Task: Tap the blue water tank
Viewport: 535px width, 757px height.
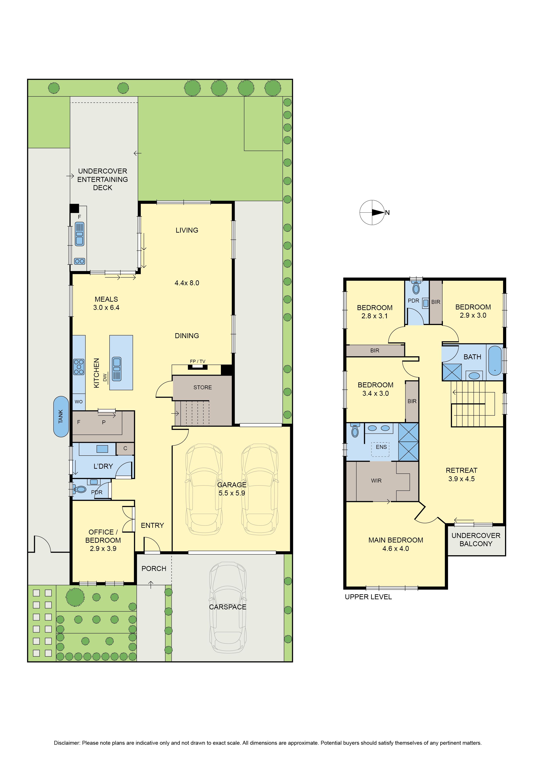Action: click(61, 416)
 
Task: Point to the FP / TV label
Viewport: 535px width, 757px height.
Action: click(197, 361)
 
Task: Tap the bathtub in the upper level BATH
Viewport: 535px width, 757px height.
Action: click(494, 360)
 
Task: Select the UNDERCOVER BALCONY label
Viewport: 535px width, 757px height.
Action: click(476, 540)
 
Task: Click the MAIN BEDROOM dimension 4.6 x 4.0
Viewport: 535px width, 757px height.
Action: click(396, 549)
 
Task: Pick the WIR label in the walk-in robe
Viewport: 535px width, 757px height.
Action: click(376, 481)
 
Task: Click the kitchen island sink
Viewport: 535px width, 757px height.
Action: click(117, 369)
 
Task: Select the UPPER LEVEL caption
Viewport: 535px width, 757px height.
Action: click(368, 597)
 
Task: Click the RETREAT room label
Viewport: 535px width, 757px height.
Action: click(461, 470)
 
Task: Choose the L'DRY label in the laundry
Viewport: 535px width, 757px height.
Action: click(103, 466)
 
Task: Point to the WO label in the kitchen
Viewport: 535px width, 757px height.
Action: click(79, 402)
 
